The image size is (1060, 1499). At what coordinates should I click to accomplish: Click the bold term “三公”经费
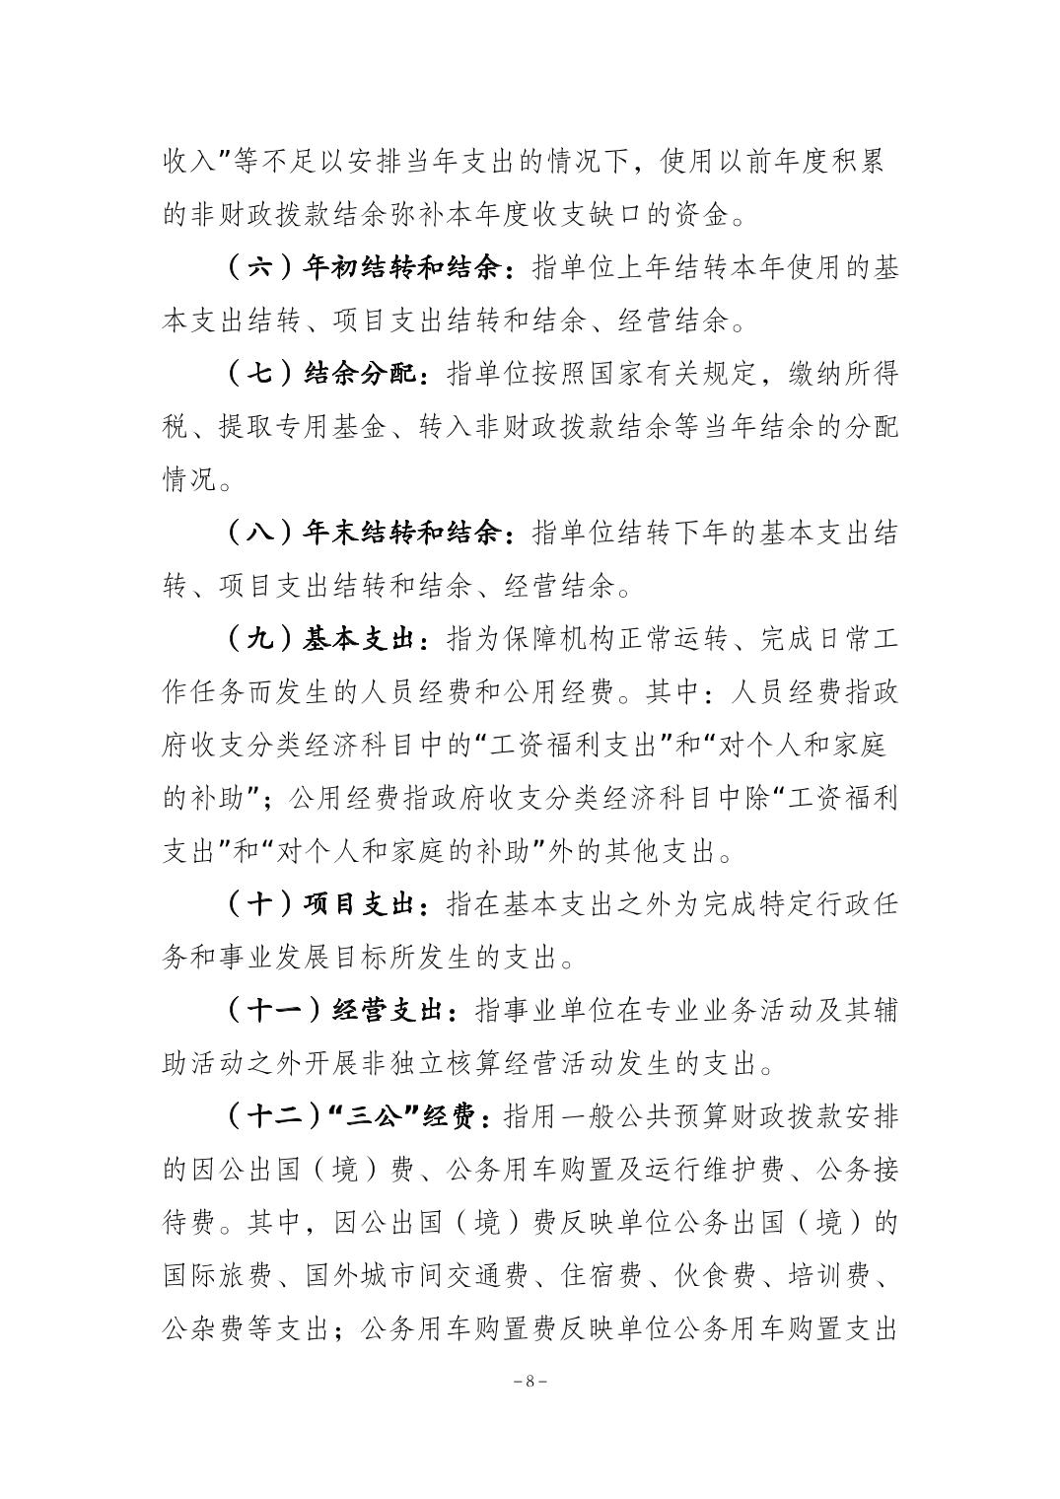click(x=404, y=1117)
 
